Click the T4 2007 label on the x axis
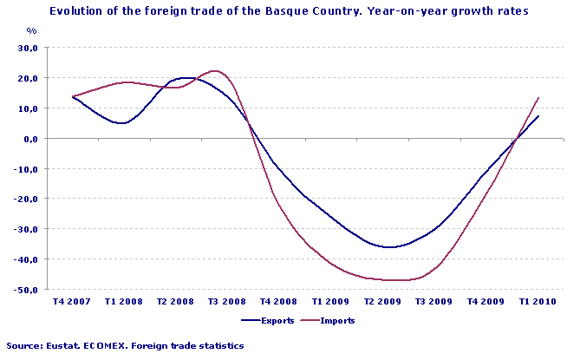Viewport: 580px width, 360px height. [x=73, y=302]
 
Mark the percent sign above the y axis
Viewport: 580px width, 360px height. [x=31, y=30]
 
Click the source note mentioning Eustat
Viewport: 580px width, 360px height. [x=124, y=345]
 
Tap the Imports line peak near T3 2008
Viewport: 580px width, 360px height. [x=215, y=71]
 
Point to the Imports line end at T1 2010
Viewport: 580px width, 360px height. [x=539, y=98]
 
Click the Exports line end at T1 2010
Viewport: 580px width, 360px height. [x=539, y=116]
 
